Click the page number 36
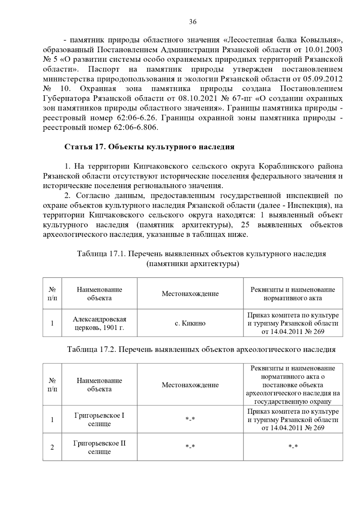point(193,22)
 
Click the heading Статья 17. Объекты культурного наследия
point(149,147)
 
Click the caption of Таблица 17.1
point(201,254)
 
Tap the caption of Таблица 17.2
point(201,349)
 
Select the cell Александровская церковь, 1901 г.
point(99,323)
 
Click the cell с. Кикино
point(190,323)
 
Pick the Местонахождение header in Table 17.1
point(190,294)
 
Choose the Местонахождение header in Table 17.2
point(190,385)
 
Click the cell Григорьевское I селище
point(99,420)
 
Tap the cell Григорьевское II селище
point(99,447)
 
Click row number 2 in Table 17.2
point(52,447)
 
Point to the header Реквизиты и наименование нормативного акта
point(292,294)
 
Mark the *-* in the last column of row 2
point(293,447)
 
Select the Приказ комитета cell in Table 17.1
point(293,323)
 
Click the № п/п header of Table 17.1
point(52,294)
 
